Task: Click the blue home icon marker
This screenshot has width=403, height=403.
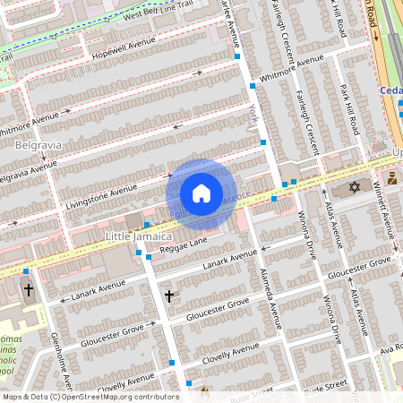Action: point(201,193)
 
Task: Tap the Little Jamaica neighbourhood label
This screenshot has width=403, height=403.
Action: point(139,236)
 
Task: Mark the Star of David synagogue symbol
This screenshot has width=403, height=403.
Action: point(354,188)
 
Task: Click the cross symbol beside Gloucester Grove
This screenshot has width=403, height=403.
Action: point(168,296)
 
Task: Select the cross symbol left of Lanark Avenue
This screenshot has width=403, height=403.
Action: point(28,290)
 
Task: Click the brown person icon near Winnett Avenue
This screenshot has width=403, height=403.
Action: point(392,178)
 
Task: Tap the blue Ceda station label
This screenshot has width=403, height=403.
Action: point(390,90)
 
